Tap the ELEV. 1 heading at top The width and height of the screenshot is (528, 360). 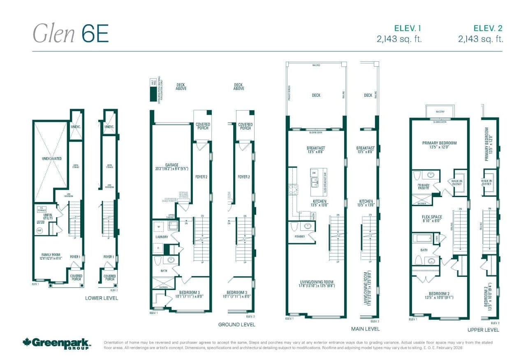pos(407,28)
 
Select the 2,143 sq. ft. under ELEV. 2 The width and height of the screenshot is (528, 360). pos(481,39)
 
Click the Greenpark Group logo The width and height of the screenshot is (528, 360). pos(56,343)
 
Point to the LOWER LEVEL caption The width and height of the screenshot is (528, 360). pos(101,298)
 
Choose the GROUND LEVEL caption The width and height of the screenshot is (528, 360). pos(236,325)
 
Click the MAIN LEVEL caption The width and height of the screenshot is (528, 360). pos(365,329)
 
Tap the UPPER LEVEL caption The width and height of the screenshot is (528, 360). pos(483,330)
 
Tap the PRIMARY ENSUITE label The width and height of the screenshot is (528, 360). pos(424,186)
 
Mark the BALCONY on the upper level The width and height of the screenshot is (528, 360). pos(439,111)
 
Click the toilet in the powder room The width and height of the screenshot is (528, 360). pos(294,227)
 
